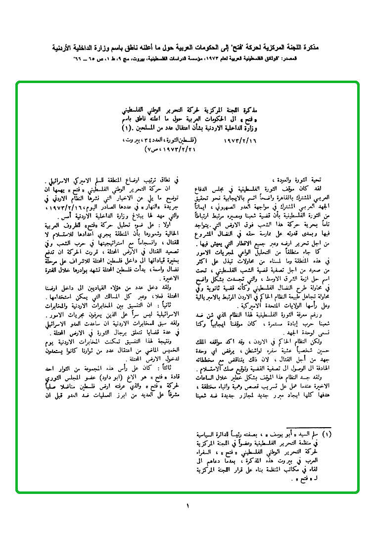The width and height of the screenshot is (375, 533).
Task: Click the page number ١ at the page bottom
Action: pyautogui.click(x=188, y=506)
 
